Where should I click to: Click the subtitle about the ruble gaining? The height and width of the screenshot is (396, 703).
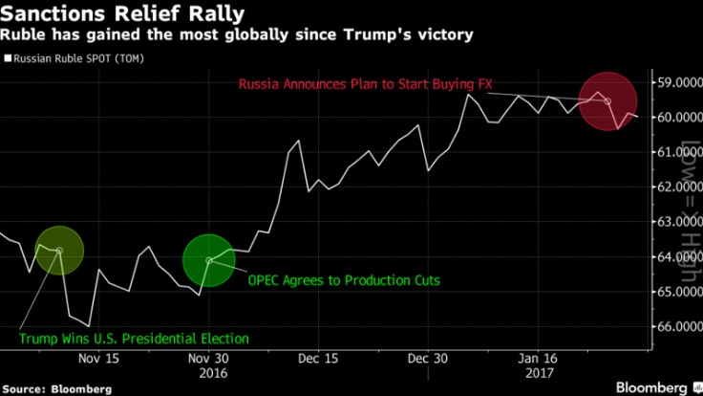point(237,36)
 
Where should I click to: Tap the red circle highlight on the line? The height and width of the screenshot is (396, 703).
point(607,99)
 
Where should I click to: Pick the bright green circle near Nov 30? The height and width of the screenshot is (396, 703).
point(208,259)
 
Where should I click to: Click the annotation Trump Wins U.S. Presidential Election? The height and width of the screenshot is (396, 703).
point(134,339)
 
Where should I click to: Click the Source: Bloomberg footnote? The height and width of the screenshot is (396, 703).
point(56,389)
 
